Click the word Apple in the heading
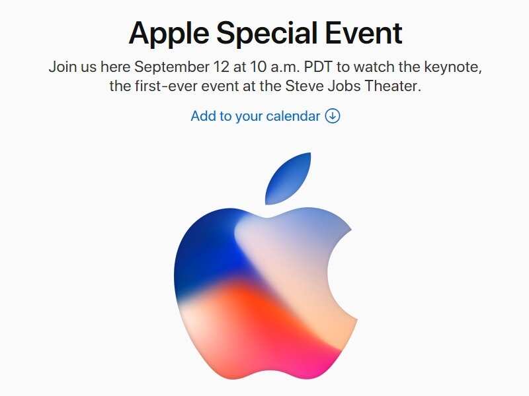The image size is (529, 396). coord(168,33)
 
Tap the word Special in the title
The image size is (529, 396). coord(270,33)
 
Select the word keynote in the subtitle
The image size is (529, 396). coord(452,67)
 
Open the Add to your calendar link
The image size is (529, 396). coord(255,116)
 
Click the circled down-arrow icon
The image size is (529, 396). coord(333,116)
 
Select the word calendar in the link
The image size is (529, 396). coord(292,116)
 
